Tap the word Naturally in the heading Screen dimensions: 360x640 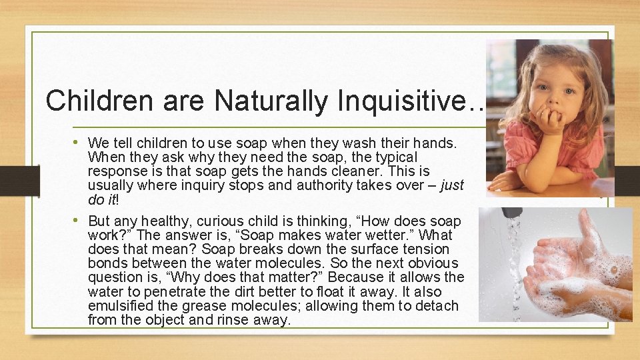tap(272, 101)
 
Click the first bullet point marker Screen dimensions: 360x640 tap(80, 142)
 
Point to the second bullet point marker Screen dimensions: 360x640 tap(80, 220)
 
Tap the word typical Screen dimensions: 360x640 tap(394, 157)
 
